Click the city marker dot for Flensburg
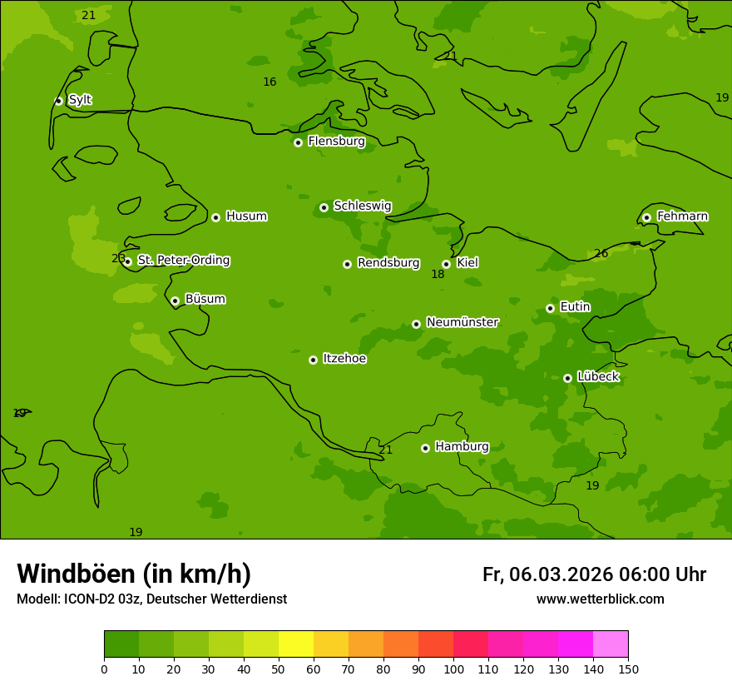point(298,142)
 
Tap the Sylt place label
point(80,100)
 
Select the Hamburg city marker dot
point(425,448)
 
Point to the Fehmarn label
point(682,216)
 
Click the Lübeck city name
point(598,377)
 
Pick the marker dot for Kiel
point(446,264)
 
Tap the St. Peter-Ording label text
point(183,261)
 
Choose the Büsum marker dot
point(175,301)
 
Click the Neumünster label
point(462,322)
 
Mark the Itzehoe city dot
point(313,360)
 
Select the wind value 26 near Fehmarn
point(601,254)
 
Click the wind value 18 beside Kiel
point(438,275)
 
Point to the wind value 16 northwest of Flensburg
point(270,82)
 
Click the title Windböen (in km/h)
point(134,574)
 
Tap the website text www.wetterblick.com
point(600,599)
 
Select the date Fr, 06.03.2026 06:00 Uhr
point(594,574)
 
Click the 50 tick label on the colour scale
point(279,669)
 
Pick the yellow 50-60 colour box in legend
point(296,644)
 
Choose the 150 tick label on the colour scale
point(628,669)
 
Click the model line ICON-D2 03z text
point(151,599)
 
